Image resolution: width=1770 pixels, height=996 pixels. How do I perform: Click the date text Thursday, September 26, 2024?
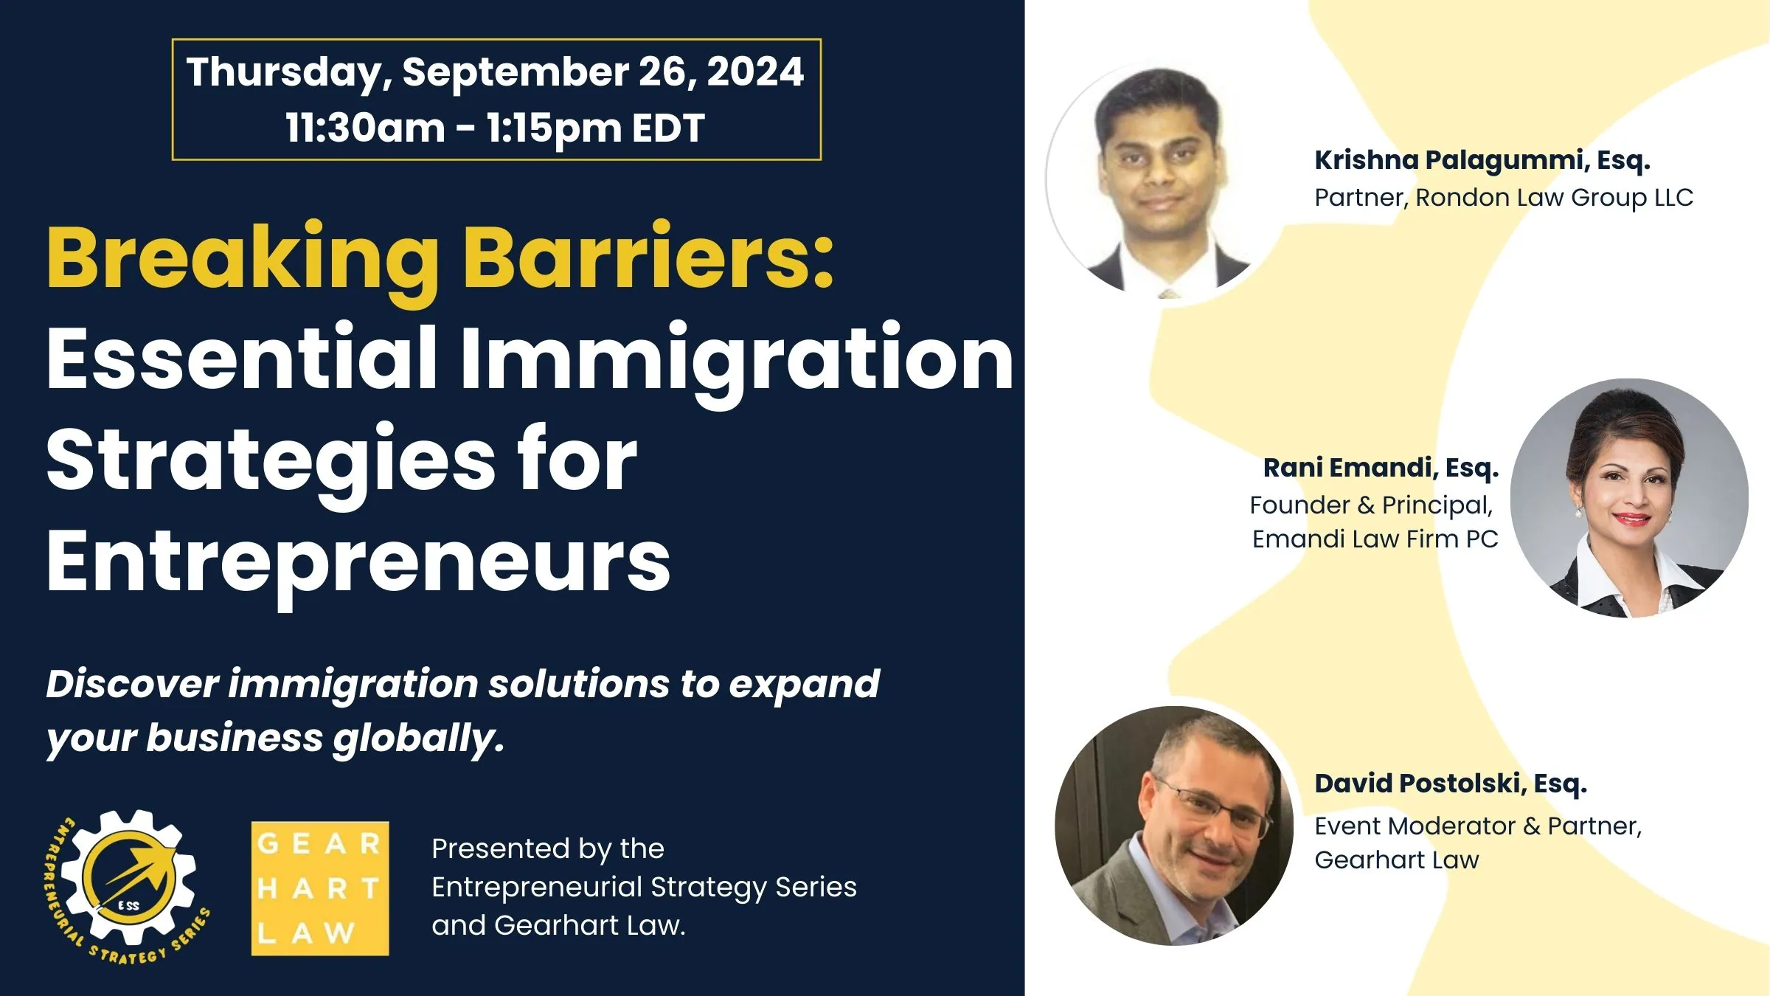coord(495,72)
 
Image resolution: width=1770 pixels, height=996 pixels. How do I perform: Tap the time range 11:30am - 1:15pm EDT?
coord(495,128)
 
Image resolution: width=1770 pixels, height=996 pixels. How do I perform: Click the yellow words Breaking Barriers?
coord(440,258)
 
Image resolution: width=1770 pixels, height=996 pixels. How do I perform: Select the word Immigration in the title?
coord(737,360)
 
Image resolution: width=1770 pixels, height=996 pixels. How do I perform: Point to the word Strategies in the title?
coord(271,460)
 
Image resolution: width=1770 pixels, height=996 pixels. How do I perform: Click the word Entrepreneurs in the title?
coord(358,562)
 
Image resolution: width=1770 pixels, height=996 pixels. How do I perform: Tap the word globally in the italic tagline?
coord(418,738)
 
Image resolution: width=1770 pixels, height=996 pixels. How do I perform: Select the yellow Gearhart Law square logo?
coord(320,888)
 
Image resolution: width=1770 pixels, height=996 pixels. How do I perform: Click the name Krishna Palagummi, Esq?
coord(1482,160)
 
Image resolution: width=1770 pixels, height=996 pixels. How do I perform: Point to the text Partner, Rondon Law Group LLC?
coord(1504,198)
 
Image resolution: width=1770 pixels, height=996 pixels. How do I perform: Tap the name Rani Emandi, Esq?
coord(1381,468)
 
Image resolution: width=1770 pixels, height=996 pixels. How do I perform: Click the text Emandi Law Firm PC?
coord(1375,539)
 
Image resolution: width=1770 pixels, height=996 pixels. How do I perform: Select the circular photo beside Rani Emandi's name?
coord(1630,498)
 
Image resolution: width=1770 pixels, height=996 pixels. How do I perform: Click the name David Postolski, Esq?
coord(1451,784)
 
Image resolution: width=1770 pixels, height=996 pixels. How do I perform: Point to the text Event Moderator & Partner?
coord(1478,826)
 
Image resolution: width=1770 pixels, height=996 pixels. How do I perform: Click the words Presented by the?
coord(548,848)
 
